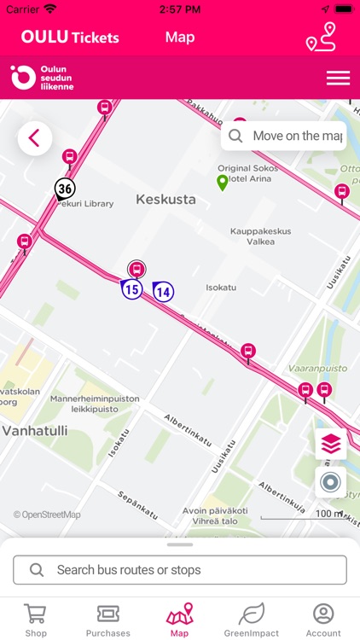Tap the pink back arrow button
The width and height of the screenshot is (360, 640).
coord(35,138)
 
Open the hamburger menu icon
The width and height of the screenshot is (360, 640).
coord(338,78)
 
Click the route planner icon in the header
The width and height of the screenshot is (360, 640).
coord(321,38)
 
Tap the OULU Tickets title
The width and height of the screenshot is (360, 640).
coord(70,38)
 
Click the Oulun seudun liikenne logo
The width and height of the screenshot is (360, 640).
coord(43,78)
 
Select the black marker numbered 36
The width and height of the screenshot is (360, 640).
coord(65,189)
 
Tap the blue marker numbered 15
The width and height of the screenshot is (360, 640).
coord(131,290)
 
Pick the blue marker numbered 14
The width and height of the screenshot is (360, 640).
coord(163,292)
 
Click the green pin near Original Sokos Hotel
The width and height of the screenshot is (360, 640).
coord(223,182)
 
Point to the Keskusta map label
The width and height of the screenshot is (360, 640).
coord(165,200)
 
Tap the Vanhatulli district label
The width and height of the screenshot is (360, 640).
coord(34,431)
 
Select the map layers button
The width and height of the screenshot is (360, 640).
coord(331,444)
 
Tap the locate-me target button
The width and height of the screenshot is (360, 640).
coord(331,482)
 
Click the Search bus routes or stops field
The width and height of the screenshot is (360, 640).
coord(180,570)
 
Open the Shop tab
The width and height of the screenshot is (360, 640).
coord(36,620)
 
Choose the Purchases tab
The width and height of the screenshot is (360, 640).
coord(108,620)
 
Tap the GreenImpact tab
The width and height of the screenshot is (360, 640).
coord(251,620)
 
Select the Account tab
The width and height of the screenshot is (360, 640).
coord(323,620)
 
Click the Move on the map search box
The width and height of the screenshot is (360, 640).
coord(283,136)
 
